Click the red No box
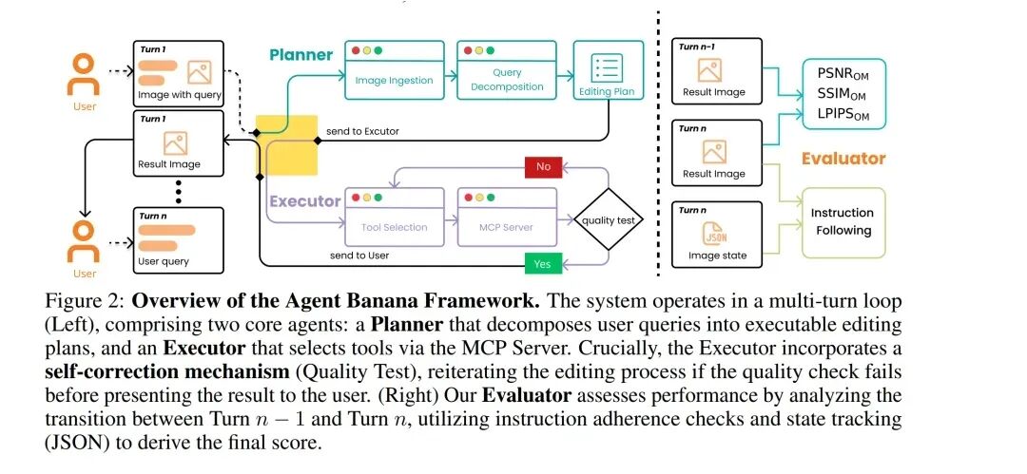coord(543,167)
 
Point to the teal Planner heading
coord(300,55)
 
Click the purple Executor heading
coord(304,201)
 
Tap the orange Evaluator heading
coord(843,159)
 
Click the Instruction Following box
coord(843,221)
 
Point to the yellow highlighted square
coord(286,144)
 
